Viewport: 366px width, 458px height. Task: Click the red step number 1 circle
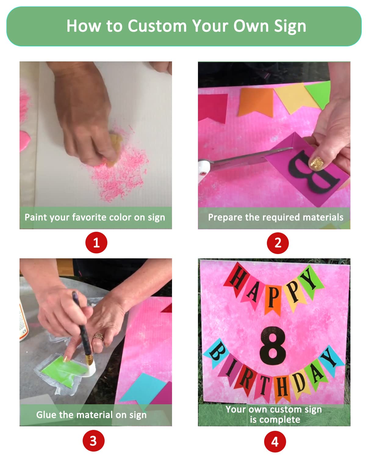click(96, 242)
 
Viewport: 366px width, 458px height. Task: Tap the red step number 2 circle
click(278, 243)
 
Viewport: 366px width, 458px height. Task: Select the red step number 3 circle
click(93, 441)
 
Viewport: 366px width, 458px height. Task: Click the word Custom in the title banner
click(157, 26)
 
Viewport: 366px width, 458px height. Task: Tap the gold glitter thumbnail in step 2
click(316, 164)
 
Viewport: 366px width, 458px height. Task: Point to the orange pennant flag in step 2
click(255, 102)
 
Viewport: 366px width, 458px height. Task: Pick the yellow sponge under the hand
click(114, 149)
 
